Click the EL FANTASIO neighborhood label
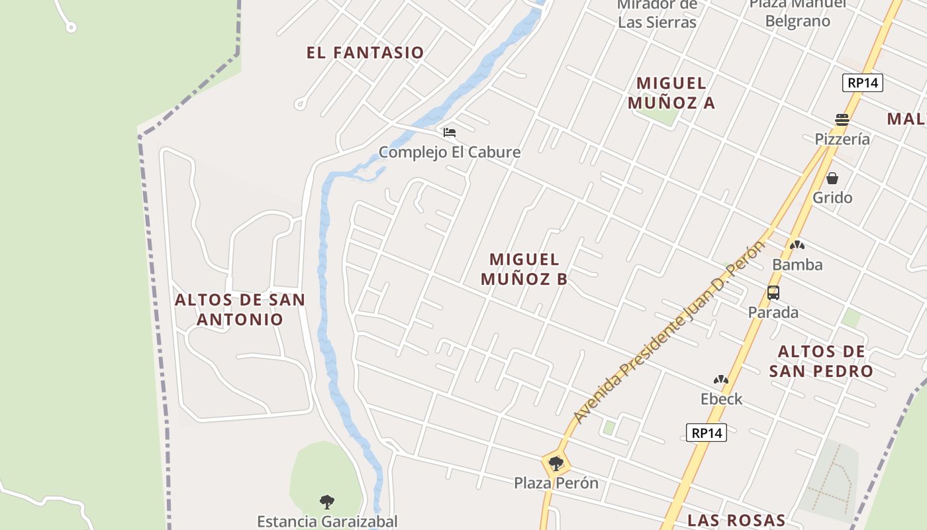click(365, 52)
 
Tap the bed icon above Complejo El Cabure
click(450, 132)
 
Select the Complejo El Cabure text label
click(450, 152)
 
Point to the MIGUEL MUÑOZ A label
click(671, 93)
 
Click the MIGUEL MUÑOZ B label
click(524, 269)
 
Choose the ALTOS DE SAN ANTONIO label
click(240, 309)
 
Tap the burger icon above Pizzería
click(842, 120)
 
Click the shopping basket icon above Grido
click(832, 178)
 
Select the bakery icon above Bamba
click(797, 245)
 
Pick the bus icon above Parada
click(773, 292)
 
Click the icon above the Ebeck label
click(721, 380)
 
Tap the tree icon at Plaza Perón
click(556, 464)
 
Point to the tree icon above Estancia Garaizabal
click(326, 502)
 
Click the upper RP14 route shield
click(863, 83)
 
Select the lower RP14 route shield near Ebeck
click(707, 433)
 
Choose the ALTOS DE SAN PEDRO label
click(821, 361)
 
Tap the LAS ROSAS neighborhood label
click(736, 520)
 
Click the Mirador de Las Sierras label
click(657, 14)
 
